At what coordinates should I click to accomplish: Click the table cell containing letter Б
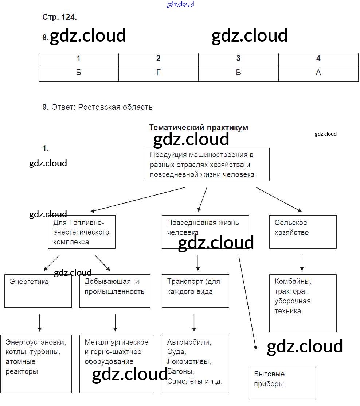pyautogui.click(x=78, y=73)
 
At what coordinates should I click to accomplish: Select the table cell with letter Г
pyautogui.click(x=158, y=73)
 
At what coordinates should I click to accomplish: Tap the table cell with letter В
pyautogui.click(x=238, y=73)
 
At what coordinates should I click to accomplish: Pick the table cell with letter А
pyautogui.click(x=318, y=73)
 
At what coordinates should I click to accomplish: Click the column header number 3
pyautogui.click(x=238, y=58)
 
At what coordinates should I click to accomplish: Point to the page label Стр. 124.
pyautogui.click(x=60, y=17)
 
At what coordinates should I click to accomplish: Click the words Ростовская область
pyautogui.click(x=115, y=107)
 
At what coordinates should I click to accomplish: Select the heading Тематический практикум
pyautogui.click(x=199, y=128)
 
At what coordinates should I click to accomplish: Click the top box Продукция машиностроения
pyautogui.click(x=207, y=164)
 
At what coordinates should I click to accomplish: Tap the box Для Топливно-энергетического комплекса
pyautogui.click(x=82, y=232)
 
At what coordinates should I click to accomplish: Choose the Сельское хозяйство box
pyautogui.click(x=302, y=232)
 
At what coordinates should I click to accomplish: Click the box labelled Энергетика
pyautogui.click(x=38, y=290)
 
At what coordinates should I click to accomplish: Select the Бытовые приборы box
pyautogui.click(x=282, y=383)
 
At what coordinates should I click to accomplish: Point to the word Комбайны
pyautogui.click(x=293, y=282)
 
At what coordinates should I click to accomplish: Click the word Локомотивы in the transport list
pyautogui.click(x=189, y=362)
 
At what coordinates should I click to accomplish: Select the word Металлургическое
pyautogui.click(x=116, y=342)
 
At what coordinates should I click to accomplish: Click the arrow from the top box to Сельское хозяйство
pyautogui.click(x=279, y=200)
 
